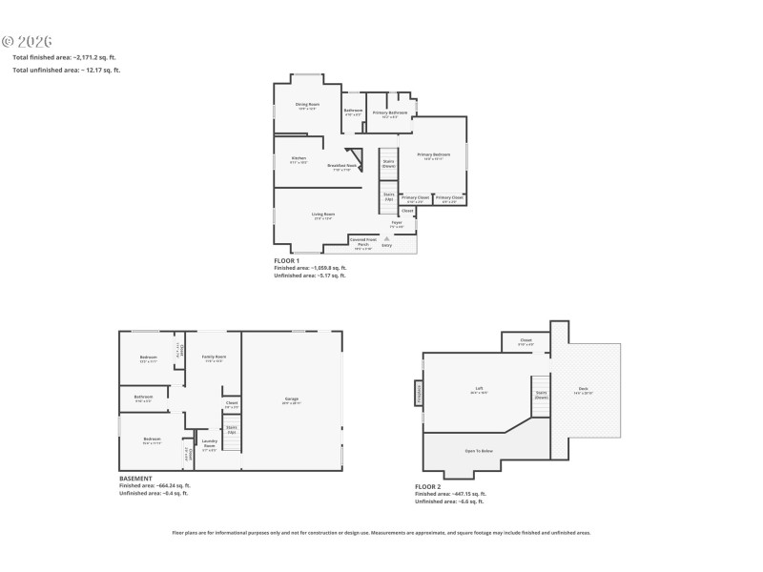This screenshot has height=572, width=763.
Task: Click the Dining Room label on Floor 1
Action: (308, 105)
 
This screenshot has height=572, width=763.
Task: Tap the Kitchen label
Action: (299, 159)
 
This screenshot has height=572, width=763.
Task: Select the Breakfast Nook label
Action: (340, 167)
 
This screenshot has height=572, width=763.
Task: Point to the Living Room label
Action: (322, 215)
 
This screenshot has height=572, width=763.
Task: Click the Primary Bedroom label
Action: (434, 155)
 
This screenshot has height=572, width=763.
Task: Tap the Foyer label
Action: (397, 224)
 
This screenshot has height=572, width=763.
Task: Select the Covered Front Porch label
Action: (361, 242)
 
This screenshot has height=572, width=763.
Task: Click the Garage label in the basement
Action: (292, 399)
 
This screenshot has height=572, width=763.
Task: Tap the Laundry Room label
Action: (210, 442)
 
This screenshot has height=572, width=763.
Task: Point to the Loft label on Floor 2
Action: (480, 389)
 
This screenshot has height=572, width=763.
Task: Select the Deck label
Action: (583, 389)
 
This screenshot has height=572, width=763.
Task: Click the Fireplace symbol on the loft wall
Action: (418, 392)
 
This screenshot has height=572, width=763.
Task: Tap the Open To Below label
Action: (479, 450)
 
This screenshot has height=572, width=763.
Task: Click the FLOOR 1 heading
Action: (286, 260)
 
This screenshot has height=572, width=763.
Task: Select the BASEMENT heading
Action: (134, 478)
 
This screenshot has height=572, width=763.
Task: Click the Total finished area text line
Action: (66, 58)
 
